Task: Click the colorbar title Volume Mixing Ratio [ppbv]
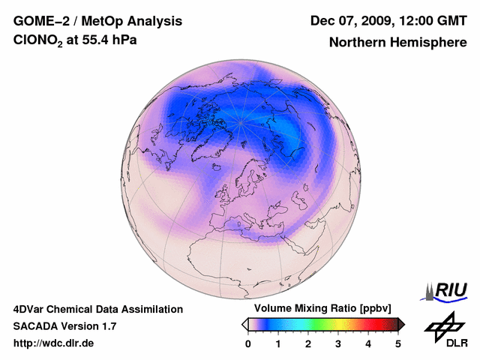(x=319, y=308)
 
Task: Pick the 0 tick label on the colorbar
(x=248, y=343)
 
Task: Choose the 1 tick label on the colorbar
(x=278, y=343)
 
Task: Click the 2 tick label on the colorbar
(x=308, y=343)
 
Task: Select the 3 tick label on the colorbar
(x=338, y=343)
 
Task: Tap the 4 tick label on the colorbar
(x=368, y=343)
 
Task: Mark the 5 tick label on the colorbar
(x=398, y=343)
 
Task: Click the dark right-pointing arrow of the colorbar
(x=401, y=324)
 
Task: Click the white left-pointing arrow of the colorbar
(x=245, y=324)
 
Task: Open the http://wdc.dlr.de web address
(x=54, y=343)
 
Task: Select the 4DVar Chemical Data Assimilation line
(x=98, y=309)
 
